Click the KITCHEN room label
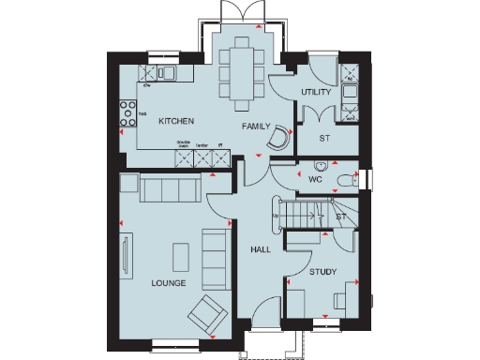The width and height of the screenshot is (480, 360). [x=176, y=121]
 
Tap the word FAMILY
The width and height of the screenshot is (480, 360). [x=256, y=126]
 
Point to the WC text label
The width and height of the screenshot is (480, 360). [x=315, y=177]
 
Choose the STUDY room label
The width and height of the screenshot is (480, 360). [x=323, y=272]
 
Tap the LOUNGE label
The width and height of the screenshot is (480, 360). [x=167, y=282]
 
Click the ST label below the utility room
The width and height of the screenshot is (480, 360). [x=324, y=138]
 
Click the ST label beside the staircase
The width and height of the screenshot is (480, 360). [x=341, y=217]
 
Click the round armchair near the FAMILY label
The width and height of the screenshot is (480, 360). [x=277, y=139]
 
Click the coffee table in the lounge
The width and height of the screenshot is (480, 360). [x=180, y=254]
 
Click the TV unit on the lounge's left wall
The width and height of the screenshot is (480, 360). [x=125, y=253]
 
